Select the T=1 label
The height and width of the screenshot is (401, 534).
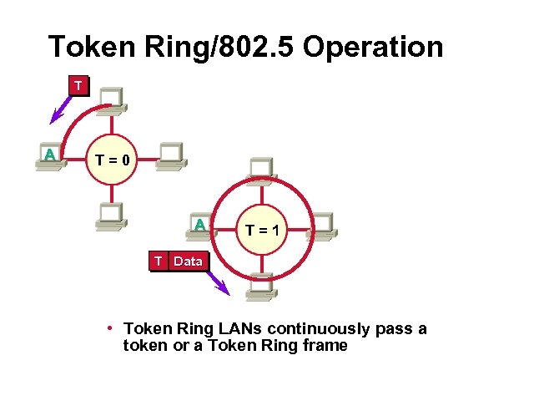coord(263,227)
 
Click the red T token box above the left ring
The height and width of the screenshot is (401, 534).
coord(78,86)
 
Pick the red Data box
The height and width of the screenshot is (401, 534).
coord(188,261)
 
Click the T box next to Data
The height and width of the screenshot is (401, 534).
coord(158,261)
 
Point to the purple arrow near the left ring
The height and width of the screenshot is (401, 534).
coord(59,109)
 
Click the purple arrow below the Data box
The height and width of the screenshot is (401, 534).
coord(218,282)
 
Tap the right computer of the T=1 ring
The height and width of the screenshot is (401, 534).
coord(320,224)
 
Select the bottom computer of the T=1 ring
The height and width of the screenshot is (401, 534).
coord(262,287)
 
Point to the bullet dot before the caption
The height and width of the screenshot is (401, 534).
coord(109,326)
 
